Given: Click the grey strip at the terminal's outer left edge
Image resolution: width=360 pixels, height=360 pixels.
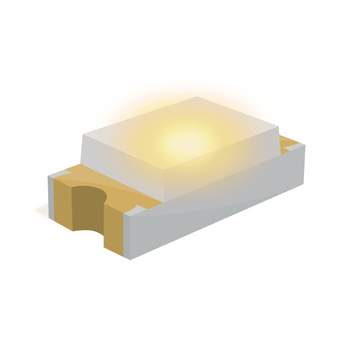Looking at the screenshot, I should tap(51, 198).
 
